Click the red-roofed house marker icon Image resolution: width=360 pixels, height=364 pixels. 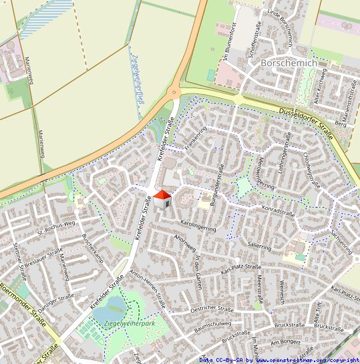tap(162, 198)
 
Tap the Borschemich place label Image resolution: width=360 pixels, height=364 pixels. tap(289, 62)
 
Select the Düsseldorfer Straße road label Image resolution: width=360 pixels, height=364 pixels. tap(306, 119)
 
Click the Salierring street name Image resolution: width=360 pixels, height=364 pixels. tap(260, 246)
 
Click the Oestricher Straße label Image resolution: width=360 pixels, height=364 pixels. tap(212, 309)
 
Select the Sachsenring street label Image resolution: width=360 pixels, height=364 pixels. tap(341, 242)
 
